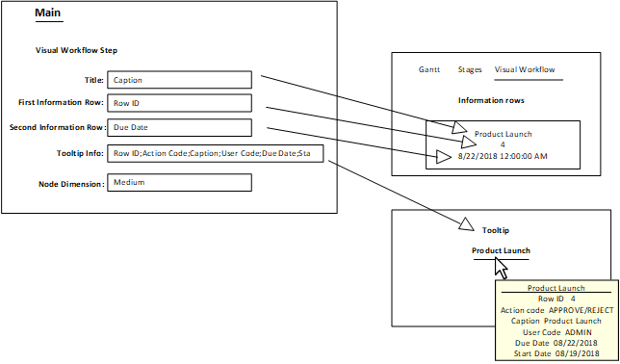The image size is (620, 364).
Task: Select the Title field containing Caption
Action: point(180,80)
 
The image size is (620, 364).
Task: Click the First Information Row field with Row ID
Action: point(180,103)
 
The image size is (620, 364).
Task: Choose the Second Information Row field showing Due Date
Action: point(180,127)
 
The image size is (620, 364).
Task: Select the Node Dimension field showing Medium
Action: point(180,182)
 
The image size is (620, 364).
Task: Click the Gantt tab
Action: point(429,70)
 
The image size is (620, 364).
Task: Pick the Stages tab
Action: point(470,70)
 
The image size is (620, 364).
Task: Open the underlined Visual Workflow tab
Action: point(525,70)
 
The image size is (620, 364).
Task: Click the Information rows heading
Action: point(490,101)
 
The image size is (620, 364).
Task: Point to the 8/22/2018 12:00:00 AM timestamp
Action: point(502,156)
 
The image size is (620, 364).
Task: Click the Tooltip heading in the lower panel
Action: point(495,231)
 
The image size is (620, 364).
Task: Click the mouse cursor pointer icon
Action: point(500,266)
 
